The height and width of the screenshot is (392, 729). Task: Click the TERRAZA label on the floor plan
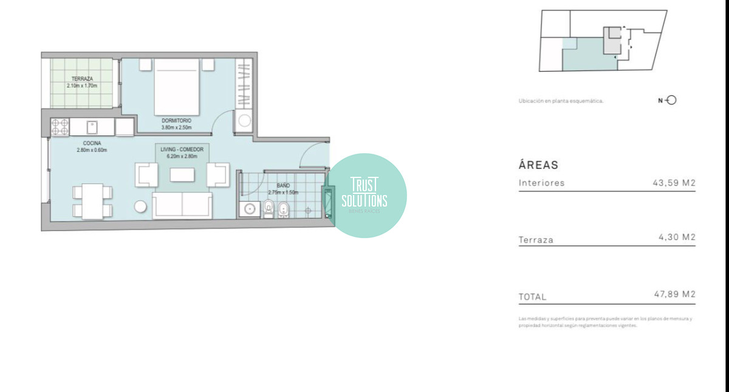81,79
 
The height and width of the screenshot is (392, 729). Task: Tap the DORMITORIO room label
176,120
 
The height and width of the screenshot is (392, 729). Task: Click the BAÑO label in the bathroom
283,185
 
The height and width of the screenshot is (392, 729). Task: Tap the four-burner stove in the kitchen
60,127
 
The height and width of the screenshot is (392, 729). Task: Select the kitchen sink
92,127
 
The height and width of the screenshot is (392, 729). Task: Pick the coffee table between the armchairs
182,175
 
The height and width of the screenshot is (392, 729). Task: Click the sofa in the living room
182,205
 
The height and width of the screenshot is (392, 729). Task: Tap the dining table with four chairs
92,201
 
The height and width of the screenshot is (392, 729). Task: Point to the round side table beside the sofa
141,207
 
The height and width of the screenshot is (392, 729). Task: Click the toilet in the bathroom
269,208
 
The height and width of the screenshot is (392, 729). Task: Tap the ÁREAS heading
538,165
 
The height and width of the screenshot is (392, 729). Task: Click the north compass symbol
671,100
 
